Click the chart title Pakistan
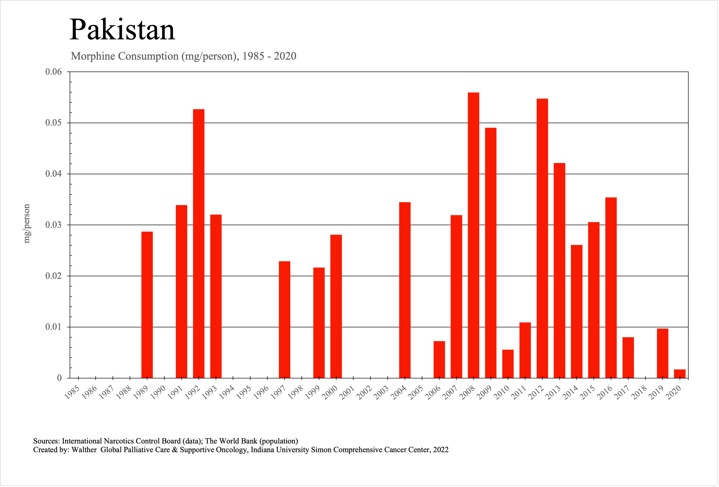point(122,30)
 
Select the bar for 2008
point(473,235)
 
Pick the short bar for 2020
point(680,374)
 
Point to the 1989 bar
point(147,305)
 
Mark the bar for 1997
point(284,319)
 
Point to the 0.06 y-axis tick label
point(53,72)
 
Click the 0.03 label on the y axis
point(53,225)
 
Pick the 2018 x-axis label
point(639,393)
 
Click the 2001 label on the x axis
point(347,393)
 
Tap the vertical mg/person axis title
point(27,224)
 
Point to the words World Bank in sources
point(238,441)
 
